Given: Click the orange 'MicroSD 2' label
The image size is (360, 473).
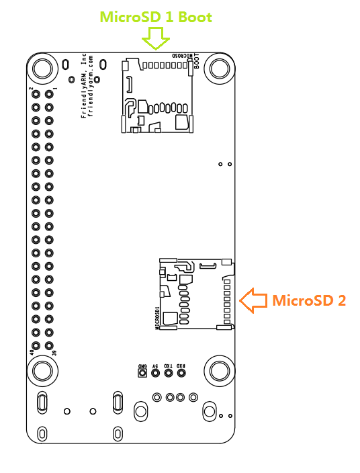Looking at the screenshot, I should click(x=309, y=300).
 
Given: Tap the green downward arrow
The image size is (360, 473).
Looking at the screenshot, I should click(x=157, y=40).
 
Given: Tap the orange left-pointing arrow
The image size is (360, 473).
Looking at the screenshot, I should click(x=253, y=300).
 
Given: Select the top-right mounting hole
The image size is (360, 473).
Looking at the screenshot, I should click(x=219, y=68).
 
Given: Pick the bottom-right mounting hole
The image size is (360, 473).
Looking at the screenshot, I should click(x=219, y=370).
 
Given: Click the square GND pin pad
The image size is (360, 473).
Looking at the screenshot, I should click(x=142, y=374).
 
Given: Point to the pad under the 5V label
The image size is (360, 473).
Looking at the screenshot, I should click(x=155, y=374).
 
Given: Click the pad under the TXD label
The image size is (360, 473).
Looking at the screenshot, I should click(x=168, y=374).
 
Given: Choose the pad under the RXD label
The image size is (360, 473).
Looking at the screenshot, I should click(x=181, y=374).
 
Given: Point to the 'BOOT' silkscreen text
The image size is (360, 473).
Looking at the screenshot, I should click(x=196, y=61).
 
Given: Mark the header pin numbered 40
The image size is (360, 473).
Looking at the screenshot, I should click(x=36, y=345).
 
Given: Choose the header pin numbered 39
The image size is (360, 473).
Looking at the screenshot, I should click(x=49, y=345).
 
